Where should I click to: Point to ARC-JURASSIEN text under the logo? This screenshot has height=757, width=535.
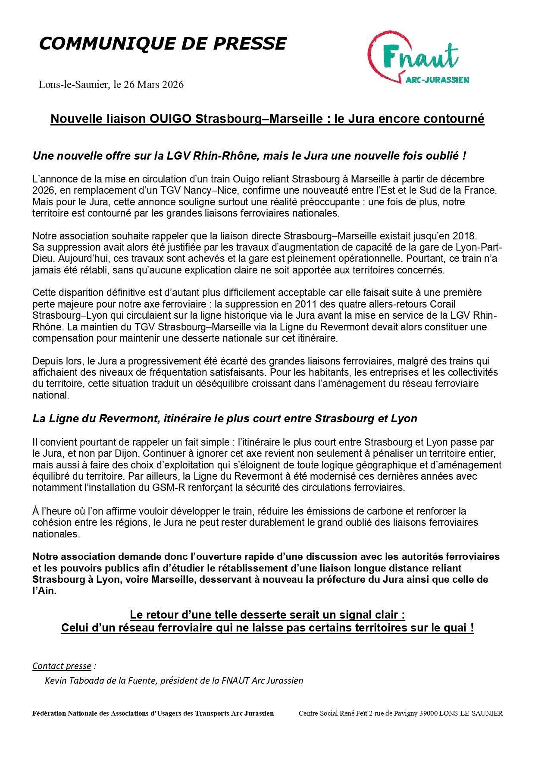click(x=438, y=80)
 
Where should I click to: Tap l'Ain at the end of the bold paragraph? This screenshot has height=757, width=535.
click(x=44, y=591)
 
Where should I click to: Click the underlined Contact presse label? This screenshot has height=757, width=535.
click(x=62, y=666)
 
